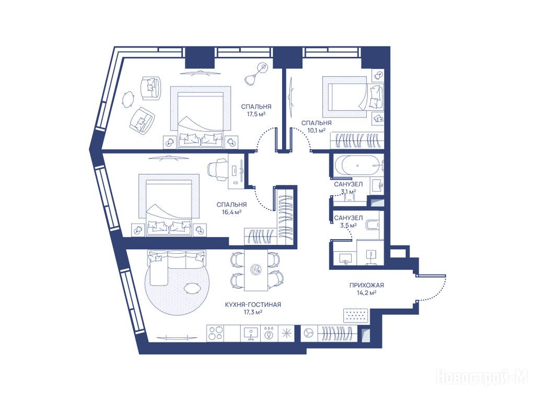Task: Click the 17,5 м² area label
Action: click(x=256, y=114)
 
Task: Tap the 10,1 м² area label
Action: click(x=316, y=130)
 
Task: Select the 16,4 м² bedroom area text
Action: click(x=231, y=212)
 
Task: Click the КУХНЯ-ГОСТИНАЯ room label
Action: click(x=253, y=304)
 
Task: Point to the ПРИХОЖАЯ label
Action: click(x=367, y=285)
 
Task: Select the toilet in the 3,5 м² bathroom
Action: click(x=371, y=225)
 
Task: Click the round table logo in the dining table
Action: click(x=256, y=269)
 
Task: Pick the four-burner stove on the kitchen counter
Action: click(x=216, y=333)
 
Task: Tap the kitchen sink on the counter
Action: click(x=251, y=333)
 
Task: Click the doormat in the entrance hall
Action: click(x=356, y=315)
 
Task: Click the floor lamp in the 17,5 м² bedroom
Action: click(x=257, y=73)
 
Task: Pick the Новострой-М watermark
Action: click(x=482, y=379)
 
